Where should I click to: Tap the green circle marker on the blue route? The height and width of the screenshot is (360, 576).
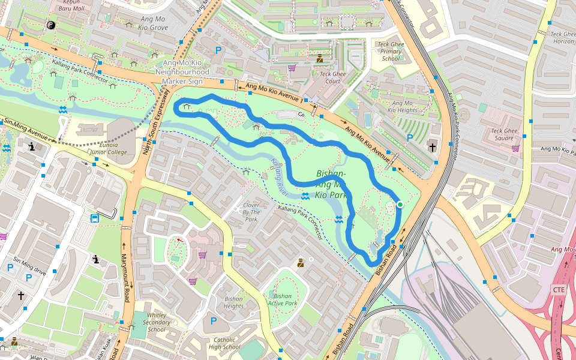point(400,205)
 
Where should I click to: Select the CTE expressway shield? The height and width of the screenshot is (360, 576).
point(559,290)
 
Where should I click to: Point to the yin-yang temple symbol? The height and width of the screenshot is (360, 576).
point(50,25)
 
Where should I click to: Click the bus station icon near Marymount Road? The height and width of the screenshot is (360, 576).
point(94,218)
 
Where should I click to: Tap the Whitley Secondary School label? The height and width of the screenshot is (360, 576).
point(157,322)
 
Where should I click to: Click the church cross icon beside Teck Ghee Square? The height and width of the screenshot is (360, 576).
point(433,147)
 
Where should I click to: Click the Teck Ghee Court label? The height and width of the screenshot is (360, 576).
point(332,77)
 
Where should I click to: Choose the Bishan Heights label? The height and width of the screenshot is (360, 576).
point(233,302)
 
